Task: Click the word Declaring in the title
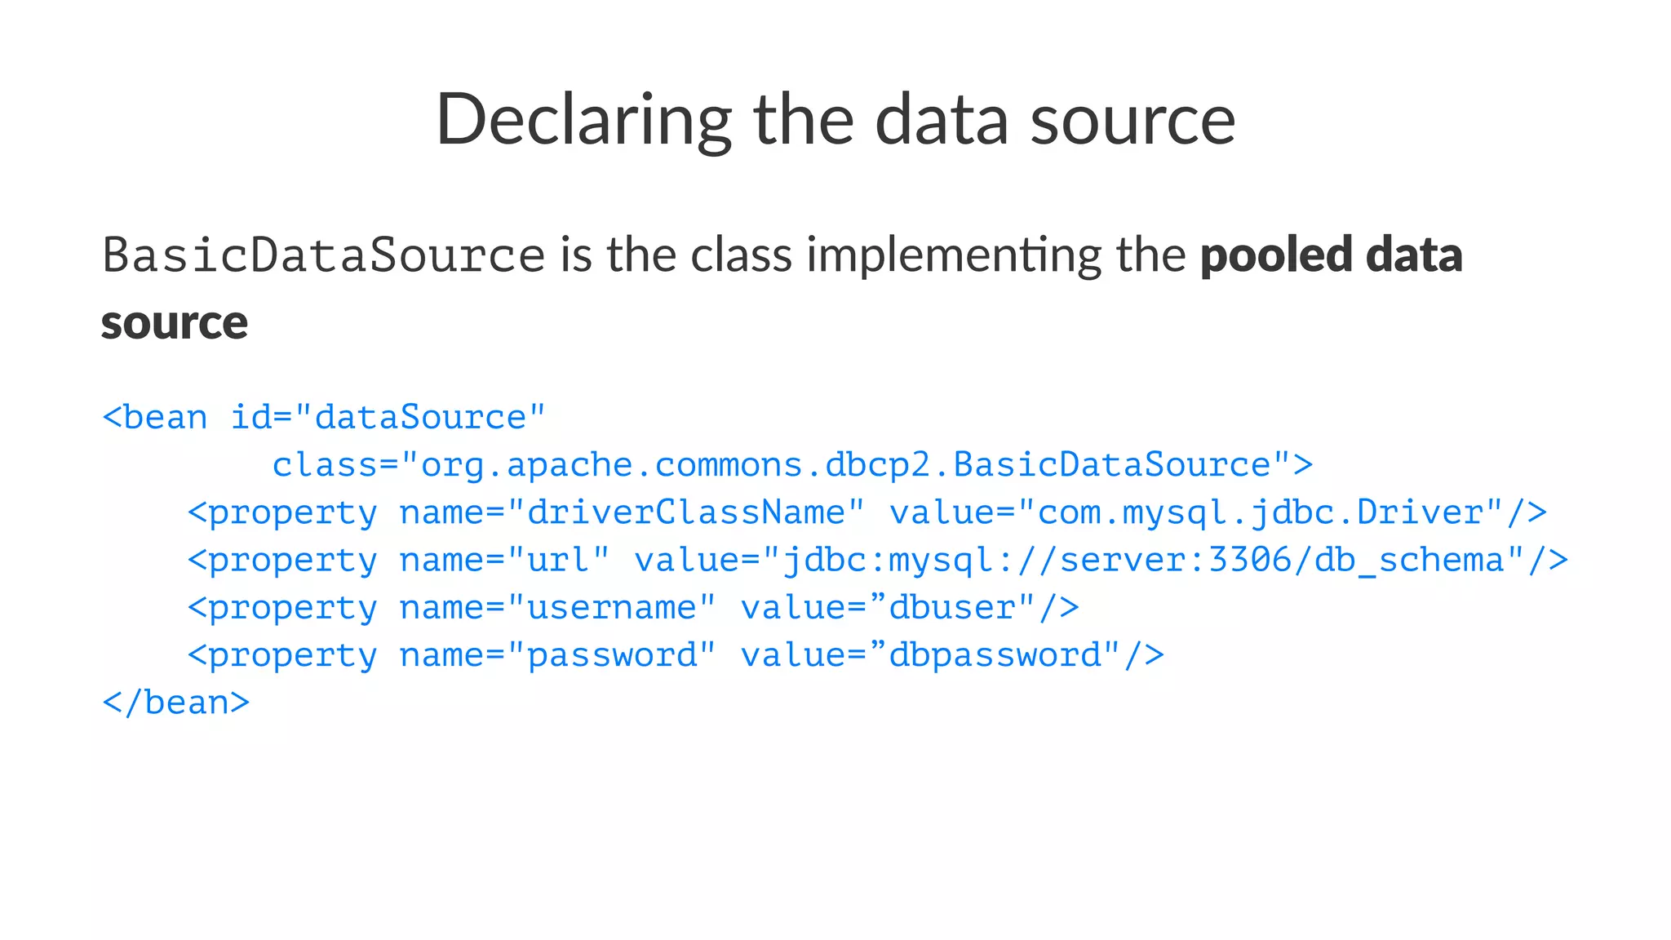click(x=583, y=120)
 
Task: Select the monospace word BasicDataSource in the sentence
click(x=323, y=255)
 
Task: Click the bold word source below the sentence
click(x=174, y=322)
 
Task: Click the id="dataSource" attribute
click(x=388, y=418)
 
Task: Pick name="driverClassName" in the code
click(x=632, y=512)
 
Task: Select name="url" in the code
click(x=503, y=561)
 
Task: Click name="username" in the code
click(x=557, y=608)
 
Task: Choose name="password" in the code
click(x=557, y=655)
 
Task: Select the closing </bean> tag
click(x=175, y=703)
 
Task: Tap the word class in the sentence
click(x=741, y=255)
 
